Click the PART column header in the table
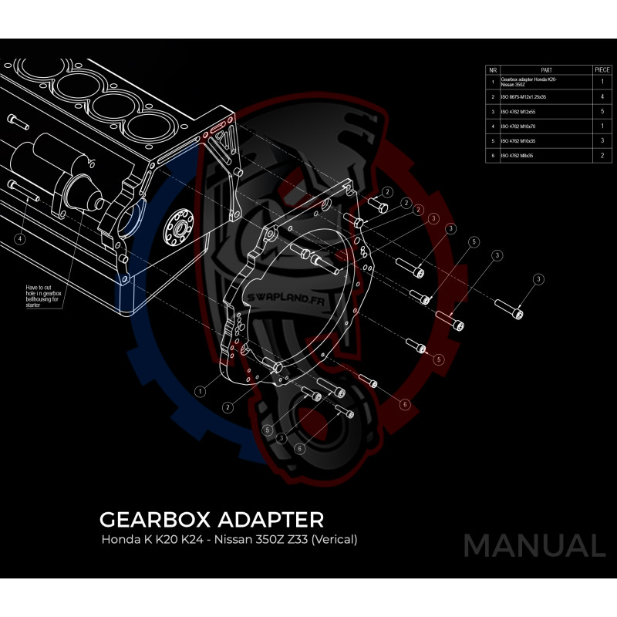coord(546,69)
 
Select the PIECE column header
coord(602,69)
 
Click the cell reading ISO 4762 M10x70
coord(518,126)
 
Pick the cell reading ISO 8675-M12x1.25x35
coord(524,97)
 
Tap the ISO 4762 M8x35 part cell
coord(517,156)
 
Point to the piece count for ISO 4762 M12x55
coord(602,112)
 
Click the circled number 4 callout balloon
coord(20,239)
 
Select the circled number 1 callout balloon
coord(201,391)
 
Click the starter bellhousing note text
coord(43,295)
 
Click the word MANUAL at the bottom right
coord(534,545)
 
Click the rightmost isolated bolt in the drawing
coord(510,308)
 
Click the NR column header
coord(492,69)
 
